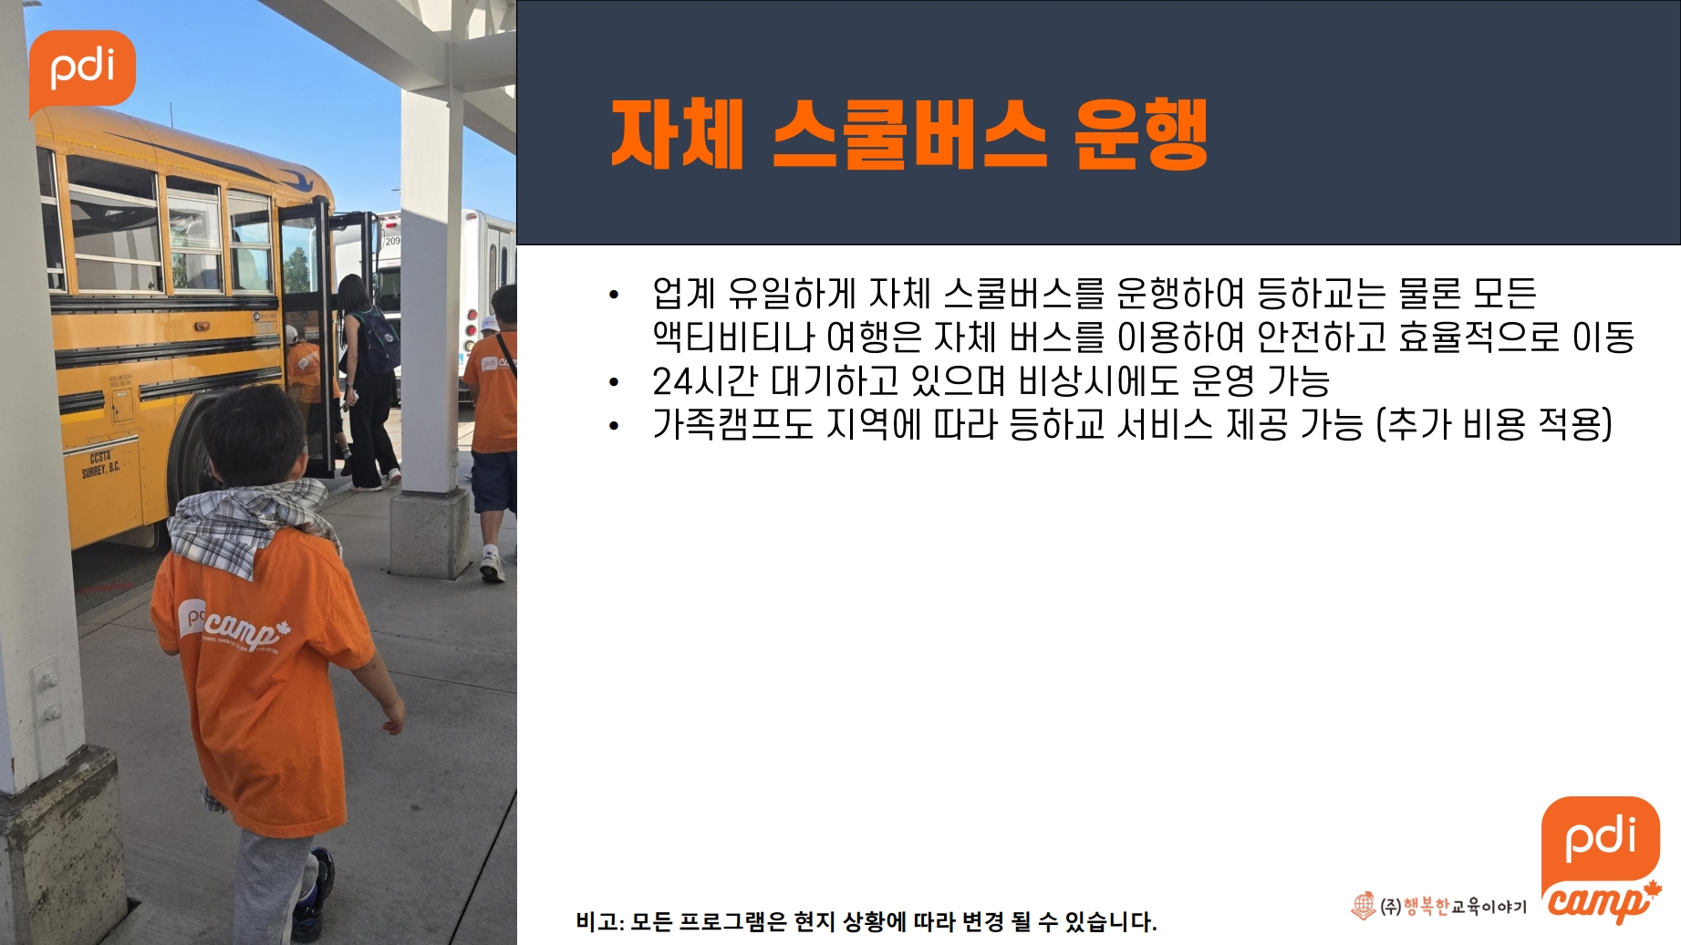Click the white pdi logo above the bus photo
pyautogui.click(x=82, y=71)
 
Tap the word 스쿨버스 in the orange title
pyautogui.click(x=910, y=135)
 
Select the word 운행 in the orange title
pyautogui.click(x=1140, y=135)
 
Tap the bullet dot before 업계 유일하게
pyautogui.click(x=614, y=295)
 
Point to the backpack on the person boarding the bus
pyautogui.click(x=378, y=339)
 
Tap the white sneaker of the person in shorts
pyautogui.click(x=492, y=565)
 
